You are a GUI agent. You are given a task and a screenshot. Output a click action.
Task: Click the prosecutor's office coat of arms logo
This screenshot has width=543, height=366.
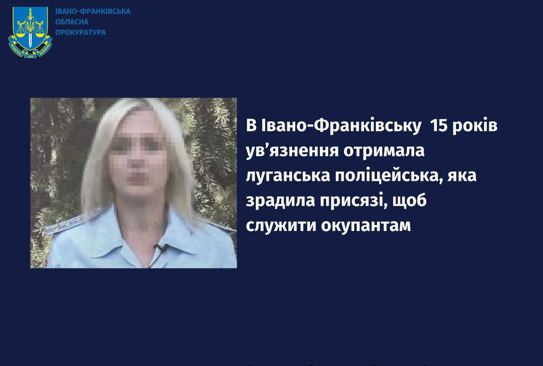point(30,32)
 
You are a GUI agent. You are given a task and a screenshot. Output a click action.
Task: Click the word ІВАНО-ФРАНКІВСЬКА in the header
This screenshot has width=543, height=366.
point(93,11)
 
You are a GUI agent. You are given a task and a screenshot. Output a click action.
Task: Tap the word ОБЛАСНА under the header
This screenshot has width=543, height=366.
point(72,22)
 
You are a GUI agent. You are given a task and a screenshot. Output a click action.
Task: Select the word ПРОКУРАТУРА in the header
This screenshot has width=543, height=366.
point(81,33)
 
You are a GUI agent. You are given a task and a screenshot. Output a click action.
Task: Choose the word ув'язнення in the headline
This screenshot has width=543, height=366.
point(292,151)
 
